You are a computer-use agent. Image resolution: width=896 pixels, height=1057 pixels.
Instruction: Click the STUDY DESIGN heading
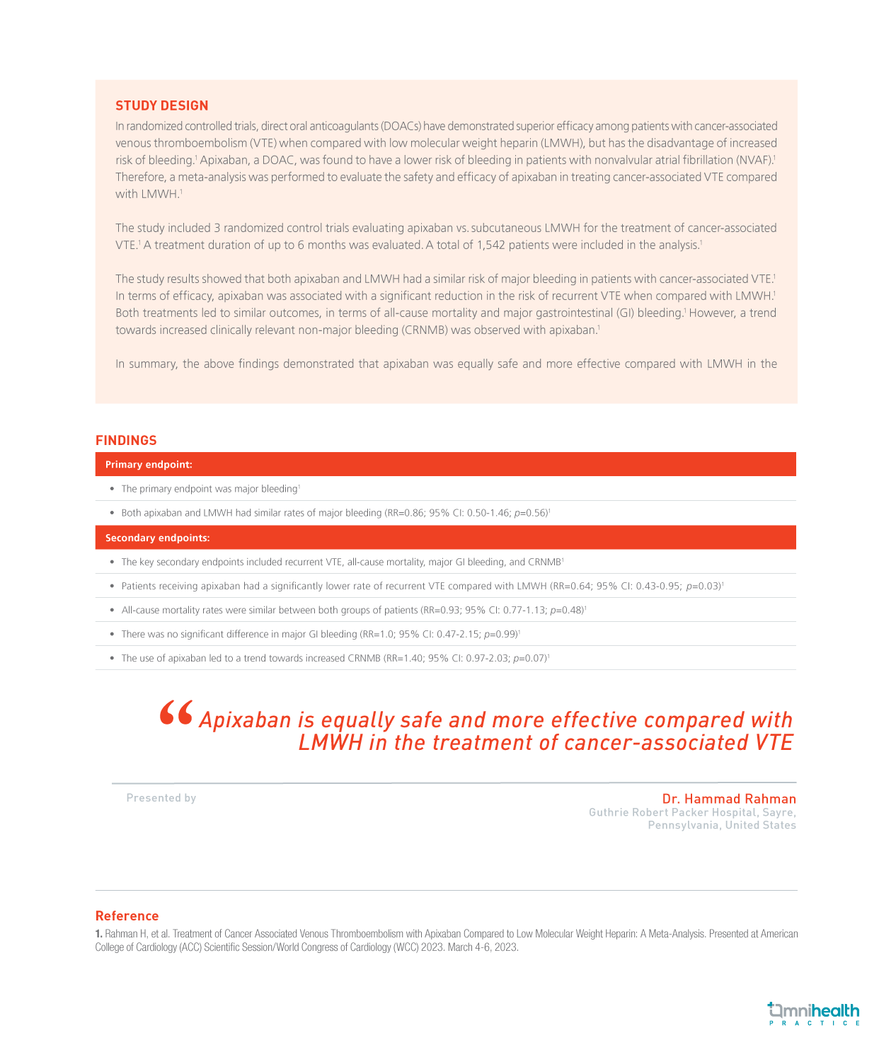pyautogui.click(x=162, y=105)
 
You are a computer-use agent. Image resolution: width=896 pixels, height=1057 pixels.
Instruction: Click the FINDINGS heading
pyautogui.click(x=126, y=440)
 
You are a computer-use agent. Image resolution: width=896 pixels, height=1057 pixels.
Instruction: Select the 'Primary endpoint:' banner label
pyautogui.click(x=149, y=465)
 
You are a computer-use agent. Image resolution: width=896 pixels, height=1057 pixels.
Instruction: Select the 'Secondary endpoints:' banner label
pyautogui.click(x=157, y=538)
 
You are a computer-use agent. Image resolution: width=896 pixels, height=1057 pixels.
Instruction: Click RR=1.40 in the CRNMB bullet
pyautogui.click(x=403, y=659)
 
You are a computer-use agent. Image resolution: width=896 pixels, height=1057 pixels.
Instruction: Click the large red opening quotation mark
pyautogui.click(x=176, y=713)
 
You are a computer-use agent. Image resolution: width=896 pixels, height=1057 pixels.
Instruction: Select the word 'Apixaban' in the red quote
pyautogui.click(x=246, y=720)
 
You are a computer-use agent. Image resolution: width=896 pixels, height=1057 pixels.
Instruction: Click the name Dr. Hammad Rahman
pyautogui.click(x=729, y=799)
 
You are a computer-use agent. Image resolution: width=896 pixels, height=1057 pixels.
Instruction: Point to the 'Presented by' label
pyautogui.click(x=161, y=798)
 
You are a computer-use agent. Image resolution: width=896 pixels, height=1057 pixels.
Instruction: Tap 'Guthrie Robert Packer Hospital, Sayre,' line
pyautogui.click(x=692, y=812)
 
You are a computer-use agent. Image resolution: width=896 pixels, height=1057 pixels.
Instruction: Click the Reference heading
pyautogui.click(x=127, y=916)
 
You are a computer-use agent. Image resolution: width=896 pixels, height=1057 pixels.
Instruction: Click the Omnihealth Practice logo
pyautogui.click(x=814, y=1013)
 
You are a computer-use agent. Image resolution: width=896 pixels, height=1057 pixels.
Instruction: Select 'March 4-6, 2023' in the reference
pyautogui.click(x=487, y=947)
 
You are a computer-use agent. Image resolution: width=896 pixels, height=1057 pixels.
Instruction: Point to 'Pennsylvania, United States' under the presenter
pyautogui.click(x=722, y=826)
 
